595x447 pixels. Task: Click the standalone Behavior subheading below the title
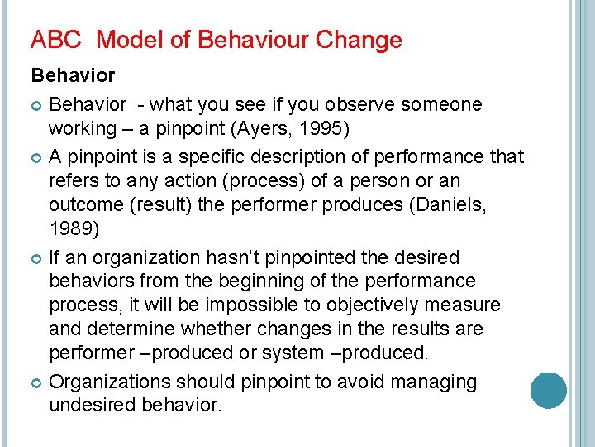[x=73, y=75]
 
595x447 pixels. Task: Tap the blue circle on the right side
[x=548, y=390]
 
